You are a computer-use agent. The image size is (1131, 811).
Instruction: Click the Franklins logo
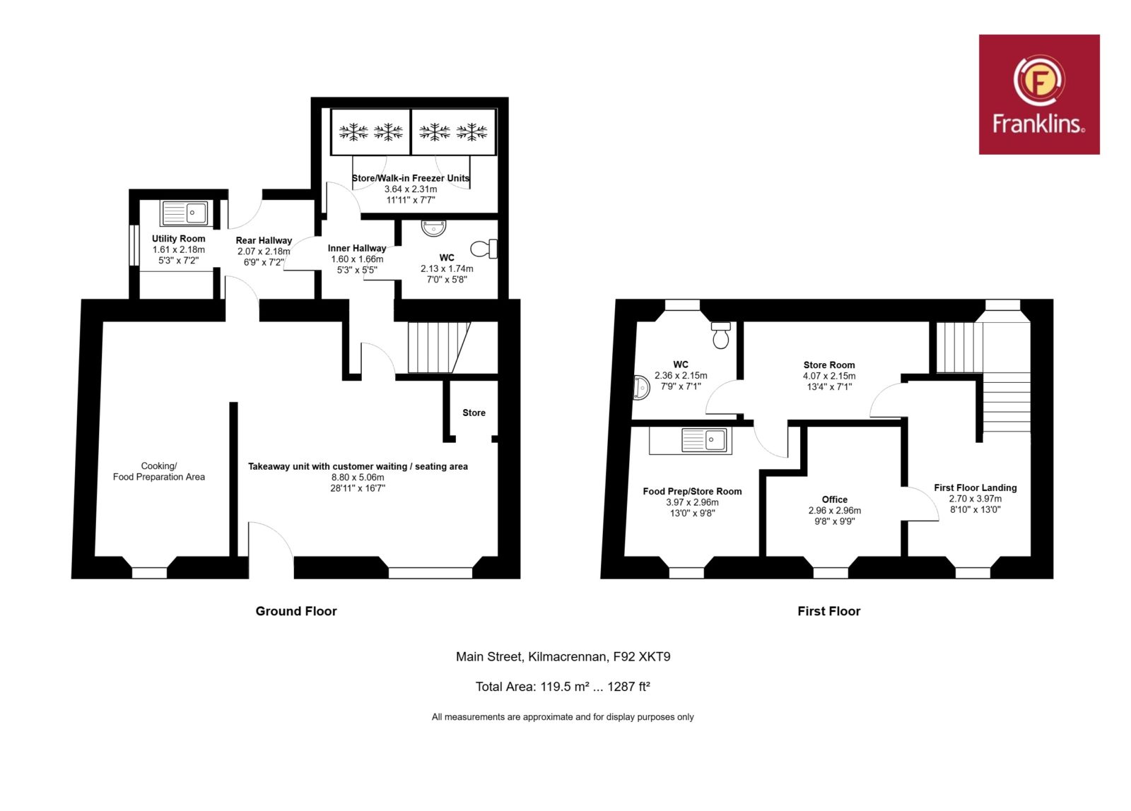tap(1039, 95)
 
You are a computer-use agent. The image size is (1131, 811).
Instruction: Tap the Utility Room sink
tap(184, 213)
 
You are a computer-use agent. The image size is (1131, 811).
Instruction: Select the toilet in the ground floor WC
tap(484, 249)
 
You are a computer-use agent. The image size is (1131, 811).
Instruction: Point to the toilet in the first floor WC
tap(721, 335)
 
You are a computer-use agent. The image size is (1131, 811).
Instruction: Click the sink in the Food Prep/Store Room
tap(705, 440)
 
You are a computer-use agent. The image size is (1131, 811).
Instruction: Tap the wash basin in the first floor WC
tap(640, 388)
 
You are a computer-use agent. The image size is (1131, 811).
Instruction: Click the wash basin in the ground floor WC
tap(434, 228)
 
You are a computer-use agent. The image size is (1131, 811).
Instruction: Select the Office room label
tap(835, 499)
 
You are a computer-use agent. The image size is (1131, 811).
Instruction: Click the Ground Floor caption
tap(296, 611)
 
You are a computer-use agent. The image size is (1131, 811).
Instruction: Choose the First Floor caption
tap(829, 611)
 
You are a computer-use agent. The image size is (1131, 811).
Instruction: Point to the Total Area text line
tap(563, 687)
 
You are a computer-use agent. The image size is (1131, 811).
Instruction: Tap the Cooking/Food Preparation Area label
tap(159, 471)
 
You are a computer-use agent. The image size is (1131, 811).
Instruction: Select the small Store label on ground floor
tap(474, 413)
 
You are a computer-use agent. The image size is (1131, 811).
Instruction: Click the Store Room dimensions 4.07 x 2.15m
tap(829, 376)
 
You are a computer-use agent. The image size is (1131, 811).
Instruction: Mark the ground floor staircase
tap(439, 347)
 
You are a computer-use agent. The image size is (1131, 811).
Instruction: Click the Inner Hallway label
tap(357, 248)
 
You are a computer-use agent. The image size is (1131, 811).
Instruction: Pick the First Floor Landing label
tap(975, 487)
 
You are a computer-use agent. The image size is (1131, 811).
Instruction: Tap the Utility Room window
tap(134, 245)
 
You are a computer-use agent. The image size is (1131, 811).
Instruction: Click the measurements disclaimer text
tap(563, 716)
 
